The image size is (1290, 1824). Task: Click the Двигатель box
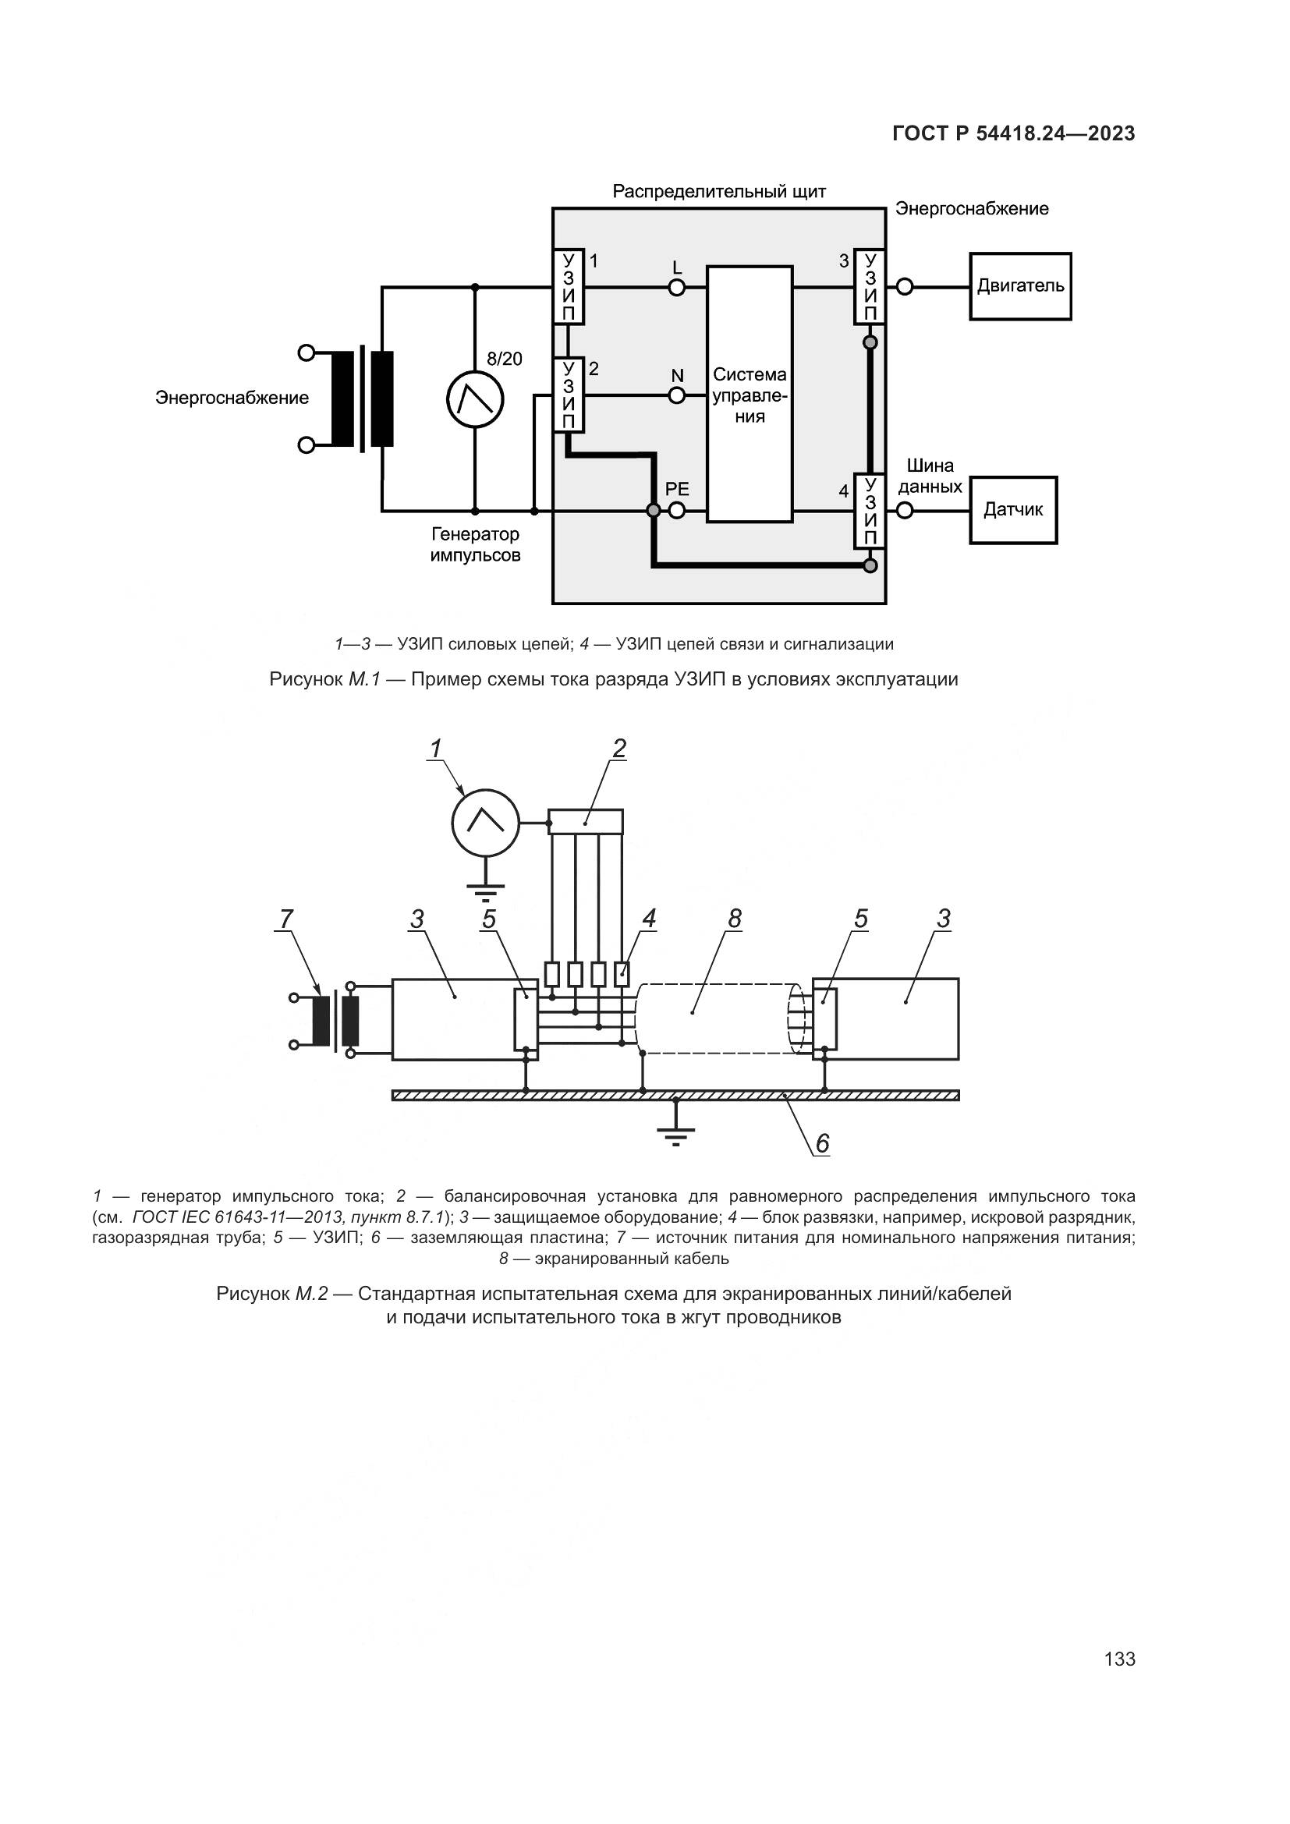[1020, 286]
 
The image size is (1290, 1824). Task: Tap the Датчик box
[1013, 510]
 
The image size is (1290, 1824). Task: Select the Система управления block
[749, 394]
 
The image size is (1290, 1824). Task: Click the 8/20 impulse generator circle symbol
[475, 398]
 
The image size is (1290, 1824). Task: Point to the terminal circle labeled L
[677, 287]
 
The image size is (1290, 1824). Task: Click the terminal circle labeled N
[677, 395]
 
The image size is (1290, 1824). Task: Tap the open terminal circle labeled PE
[677, 511]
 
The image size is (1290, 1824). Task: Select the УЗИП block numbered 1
[568, 287]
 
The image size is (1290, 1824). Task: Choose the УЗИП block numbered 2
[568, 395]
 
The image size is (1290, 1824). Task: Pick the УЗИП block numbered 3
[870, 287]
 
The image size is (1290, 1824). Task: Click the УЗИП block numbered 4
[870, 511]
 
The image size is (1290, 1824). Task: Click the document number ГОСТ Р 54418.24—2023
[1014, 134]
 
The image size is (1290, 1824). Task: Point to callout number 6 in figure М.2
[822, 1143]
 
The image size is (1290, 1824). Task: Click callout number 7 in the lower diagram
[285, 919]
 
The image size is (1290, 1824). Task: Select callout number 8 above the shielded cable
[734, 919]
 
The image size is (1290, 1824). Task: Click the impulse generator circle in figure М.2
[485, 823]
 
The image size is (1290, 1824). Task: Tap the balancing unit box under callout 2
[587, 821]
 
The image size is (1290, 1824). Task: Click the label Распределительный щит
[719, 192]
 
